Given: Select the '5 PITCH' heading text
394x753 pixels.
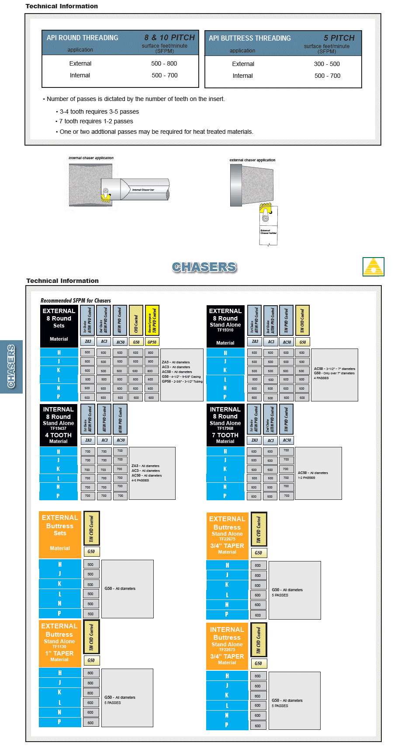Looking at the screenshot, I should coord(339,38).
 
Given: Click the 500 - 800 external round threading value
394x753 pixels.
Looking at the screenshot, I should coord(164,63).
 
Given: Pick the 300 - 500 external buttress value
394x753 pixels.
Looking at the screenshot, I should coord(327,64).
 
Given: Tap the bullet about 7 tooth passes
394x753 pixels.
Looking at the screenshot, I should coord(96,121).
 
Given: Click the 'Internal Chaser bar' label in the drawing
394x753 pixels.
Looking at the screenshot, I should coord(143,190).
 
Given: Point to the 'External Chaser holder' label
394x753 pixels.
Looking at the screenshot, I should coord(268,232).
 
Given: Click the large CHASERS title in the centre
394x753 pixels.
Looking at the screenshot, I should coord(204,267).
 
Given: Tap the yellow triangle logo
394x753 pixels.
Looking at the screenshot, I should coord(373,267).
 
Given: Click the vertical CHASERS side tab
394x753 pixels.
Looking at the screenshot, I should coord(11,366).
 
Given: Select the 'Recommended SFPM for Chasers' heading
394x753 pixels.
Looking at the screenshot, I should coord(76,300).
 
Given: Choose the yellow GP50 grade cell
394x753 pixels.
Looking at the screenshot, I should coord(152,342).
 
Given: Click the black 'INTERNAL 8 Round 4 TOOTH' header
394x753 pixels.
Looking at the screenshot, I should coord(59,425).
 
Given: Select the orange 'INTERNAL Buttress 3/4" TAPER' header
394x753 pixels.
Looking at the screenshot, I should coord(227,646).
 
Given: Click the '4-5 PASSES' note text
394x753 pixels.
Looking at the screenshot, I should coord(140,480).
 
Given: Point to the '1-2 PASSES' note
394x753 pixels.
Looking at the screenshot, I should coord(306,478).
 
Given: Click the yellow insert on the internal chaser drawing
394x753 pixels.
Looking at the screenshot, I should coord(105,198).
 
